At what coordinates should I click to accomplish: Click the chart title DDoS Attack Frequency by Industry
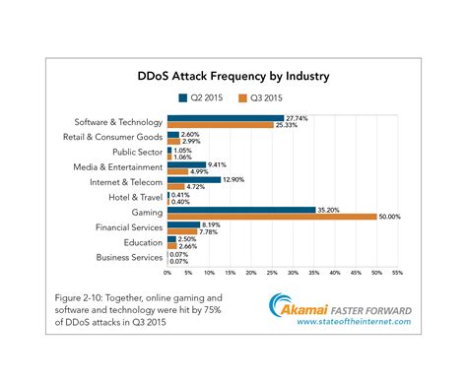tap(233, 76)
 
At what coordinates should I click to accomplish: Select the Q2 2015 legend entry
tap(204, 97)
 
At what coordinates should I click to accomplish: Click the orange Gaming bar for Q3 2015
tap(272, 217)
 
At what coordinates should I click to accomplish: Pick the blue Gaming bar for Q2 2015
tap(241, 209)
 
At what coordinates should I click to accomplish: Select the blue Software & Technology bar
tap(225, 117)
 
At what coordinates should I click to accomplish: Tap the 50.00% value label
tap(389, 217)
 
